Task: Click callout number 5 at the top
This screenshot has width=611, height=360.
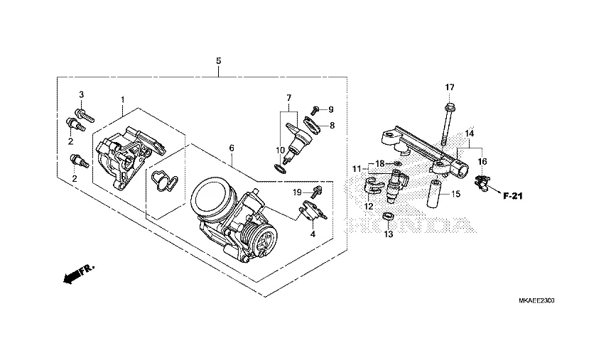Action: [x=219, y=61]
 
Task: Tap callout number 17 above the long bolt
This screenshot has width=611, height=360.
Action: [x=450, y=87]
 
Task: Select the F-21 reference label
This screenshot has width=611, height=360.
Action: [x=512, y=196]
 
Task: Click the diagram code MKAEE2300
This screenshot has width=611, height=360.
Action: [x=536, y=300]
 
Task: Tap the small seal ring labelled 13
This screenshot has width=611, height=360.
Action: [x=388, y=217]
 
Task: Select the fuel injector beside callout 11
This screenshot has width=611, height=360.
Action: [x=397, y=185]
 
